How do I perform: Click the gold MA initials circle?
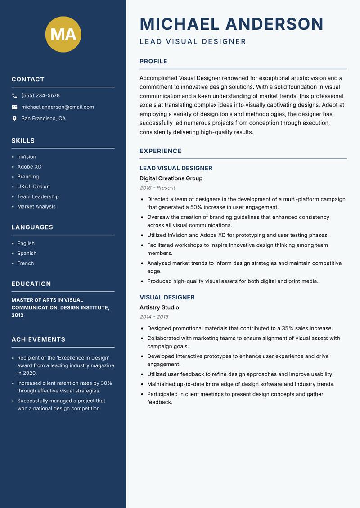point(63,34)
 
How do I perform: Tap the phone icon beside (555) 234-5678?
point(14,96)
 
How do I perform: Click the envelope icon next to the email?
point(14,107)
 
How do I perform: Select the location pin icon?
point(14,119)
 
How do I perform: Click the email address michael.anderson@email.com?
point(58,107)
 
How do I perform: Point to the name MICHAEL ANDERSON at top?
point(231,24)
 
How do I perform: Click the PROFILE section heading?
point(153,62)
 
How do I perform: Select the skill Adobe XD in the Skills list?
point(29,167)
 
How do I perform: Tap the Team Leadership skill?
point(38,196)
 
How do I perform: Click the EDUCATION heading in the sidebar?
point(31,284)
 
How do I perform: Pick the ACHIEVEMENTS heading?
point(38,339)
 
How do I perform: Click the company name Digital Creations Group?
point(171,178)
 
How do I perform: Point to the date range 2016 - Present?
point(157,188)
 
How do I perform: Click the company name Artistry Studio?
point(159,307)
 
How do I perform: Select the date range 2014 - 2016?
point(154,317)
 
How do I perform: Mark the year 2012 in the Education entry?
point(18,315)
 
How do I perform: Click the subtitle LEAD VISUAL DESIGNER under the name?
point(193,42)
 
